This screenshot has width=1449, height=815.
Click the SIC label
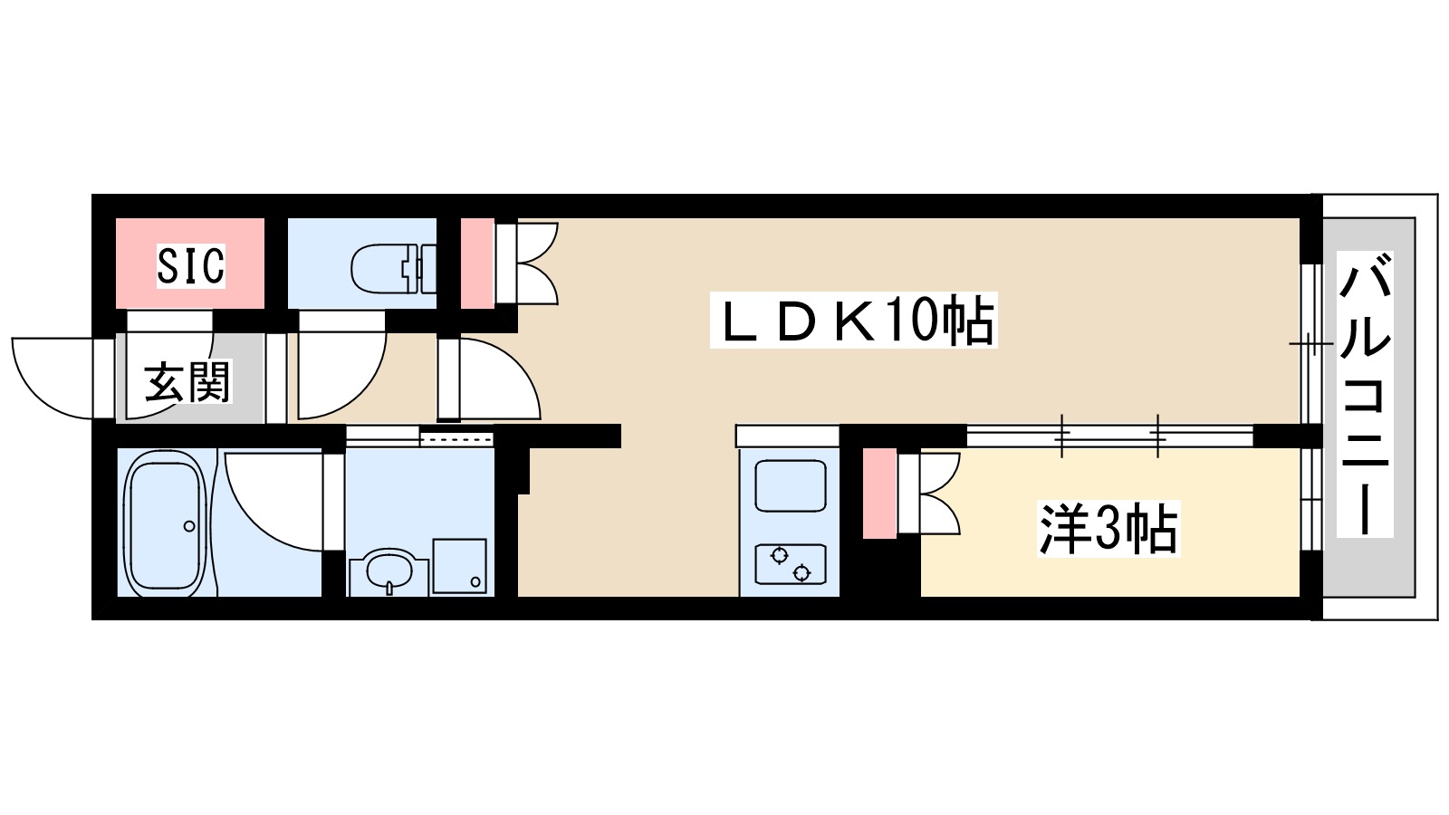click(x=190, y=265)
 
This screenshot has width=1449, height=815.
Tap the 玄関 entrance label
click(x=188, y=381)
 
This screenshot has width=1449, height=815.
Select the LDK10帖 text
click(x=857, y=321)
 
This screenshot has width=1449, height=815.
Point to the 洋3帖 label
click(x=1108, y=530)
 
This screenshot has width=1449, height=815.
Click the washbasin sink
click(x=389, y=570)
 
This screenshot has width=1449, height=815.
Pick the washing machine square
click(x=459, y=566)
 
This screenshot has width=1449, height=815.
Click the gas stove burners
click(x=790, y=564)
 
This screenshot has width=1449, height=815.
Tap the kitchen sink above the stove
click(x=790, y=485)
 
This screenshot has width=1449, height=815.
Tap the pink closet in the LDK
click(x=477, y=263)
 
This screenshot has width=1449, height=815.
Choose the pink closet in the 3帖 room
click(x=878, y=493)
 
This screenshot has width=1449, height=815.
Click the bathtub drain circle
click(x=189, y=526)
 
